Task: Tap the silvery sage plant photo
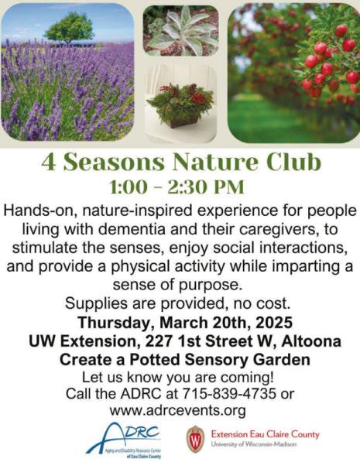point(181,30)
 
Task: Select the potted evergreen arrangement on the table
point(180,105)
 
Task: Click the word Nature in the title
point(215,162)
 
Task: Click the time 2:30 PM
point(206,187)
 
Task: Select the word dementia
point(131,229)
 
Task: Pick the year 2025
point(274,323)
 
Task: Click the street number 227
point(159,341)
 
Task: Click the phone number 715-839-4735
point(229,393)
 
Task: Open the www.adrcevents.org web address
point(178,410)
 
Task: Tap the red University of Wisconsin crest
point(195,439)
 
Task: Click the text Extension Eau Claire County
point(266,434)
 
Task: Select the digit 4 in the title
point(48,162)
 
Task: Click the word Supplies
point(96,304)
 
